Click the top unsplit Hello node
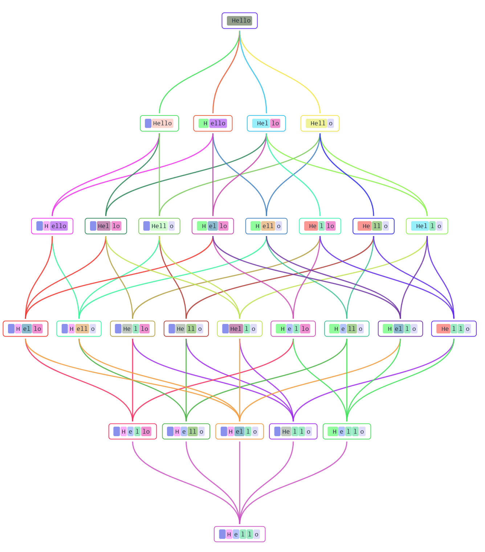click(240, 21)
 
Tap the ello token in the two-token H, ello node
click(218, 123)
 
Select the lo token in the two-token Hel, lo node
click(275, 123)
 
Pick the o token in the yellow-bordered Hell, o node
click(330, 123)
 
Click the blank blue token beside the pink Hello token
click(148, 123)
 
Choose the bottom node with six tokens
click(240, 534)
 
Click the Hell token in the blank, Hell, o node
click(159, 226)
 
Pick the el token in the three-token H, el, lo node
click(213, 226)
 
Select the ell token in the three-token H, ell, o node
click(268, 226)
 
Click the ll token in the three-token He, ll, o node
click(377, 226)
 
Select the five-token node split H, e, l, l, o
click(347, 431)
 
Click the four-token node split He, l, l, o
click(454, 329)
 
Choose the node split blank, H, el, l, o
click(240, 431)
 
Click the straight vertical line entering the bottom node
click(240, 479)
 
